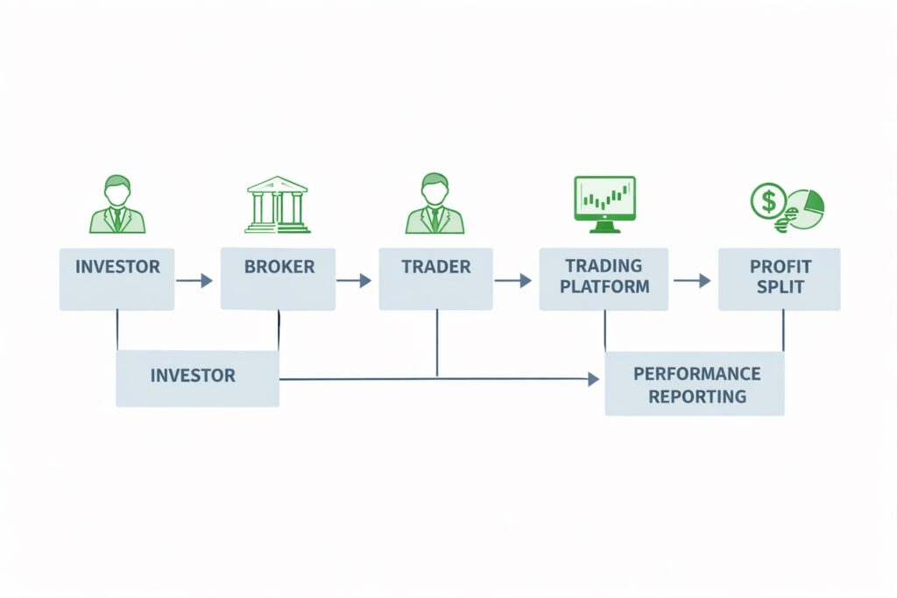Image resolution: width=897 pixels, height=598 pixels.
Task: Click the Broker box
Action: (x=278, y=278)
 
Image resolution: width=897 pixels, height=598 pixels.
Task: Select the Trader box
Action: (x=435, y=278)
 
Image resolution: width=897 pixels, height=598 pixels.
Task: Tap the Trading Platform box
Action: (x=604, y=278)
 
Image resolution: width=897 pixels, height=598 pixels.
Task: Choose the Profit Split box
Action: (x=779, y=278)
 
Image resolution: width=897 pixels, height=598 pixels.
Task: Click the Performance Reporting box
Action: (x=695, y=383)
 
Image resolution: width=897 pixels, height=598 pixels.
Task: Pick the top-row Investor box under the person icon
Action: (x=117, y=278)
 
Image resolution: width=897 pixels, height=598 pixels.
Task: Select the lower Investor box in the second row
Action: (x=197, y=378)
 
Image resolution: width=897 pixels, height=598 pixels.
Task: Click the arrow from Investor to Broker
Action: (x=194, y=281)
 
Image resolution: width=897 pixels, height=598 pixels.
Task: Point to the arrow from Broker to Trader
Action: (x=354, y=281)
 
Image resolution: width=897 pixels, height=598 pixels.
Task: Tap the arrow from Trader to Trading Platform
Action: (x=513, y=281)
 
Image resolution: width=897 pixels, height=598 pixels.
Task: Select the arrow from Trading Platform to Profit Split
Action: (x=692, y=281)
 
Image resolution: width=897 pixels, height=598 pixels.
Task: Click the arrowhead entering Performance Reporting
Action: (x=594, y=379)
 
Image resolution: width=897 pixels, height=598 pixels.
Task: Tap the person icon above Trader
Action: (x=434, y=203)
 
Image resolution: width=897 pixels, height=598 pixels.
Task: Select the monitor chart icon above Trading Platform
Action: (x=604, y=203)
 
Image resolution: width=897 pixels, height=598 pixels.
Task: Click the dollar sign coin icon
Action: (x=768, y=201)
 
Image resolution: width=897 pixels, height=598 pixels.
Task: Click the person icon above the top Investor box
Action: (x=117, y=203)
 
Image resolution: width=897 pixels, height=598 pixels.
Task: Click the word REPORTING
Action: (x=697, y=396)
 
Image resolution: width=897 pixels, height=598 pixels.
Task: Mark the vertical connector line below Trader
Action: (x=437, y=343)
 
